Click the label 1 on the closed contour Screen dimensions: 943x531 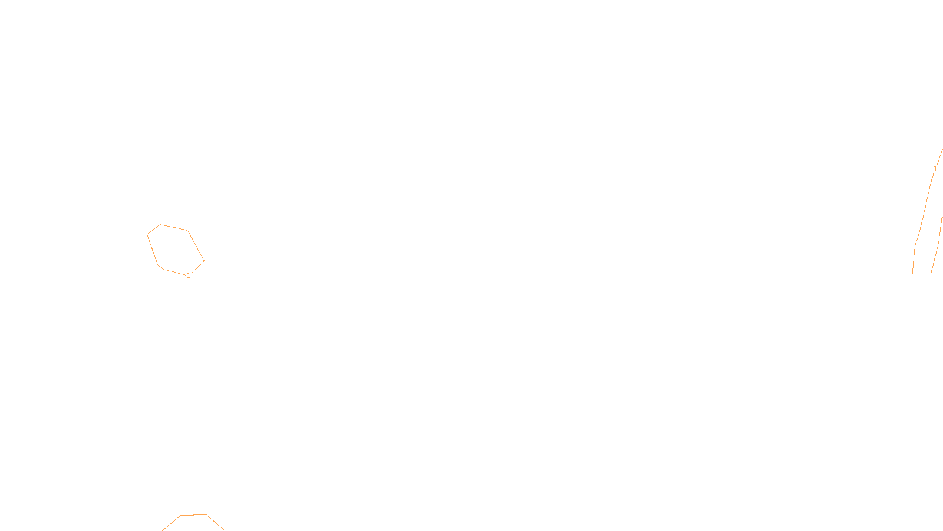[x=189, y=276]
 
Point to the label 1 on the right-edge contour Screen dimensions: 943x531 [x=935, y=169]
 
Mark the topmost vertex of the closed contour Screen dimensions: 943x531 [x=160, y=224]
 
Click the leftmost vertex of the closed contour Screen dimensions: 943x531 [x=147, y=235]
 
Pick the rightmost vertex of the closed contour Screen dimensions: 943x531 [x=204, y=261]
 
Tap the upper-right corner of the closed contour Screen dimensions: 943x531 [x=187, y=230]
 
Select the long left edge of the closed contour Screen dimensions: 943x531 [x=152, y=249]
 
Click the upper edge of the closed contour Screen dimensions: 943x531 [x=174, y=227]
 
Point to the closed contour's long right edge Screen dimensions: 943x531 [x=196, y=246]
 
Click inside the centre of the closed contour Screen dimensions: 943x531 [x=175, y=250]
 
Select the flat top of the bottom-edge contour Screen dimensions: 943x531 [x=194, y=515]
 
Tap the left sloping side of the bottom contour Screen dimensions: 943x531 [x=172, y=523]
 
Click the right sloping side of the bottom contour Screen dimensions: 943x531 [x=216, y=523]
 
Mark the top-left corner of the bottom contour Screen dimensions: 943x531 [x=181, y=516]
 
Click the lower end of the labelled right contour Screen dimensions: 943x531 [x=912, y=276]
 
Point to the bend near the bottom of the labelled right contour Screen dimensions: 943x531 [x=915, y=245]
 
